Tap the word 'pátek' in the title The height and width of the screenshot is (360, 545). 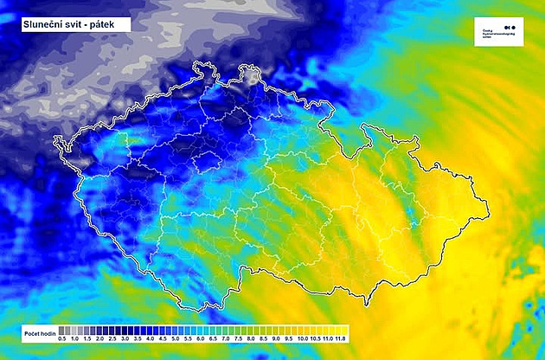(109, 24)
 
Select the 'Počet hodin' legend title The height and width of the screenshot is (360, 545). (37, 333)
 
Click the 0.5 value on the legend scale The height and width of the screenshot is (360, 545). (61, 340)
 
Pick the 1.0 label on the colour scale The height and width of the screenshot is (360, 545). (74, 340)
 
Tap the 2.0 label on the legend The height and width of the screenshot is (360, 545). (99, 340)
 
